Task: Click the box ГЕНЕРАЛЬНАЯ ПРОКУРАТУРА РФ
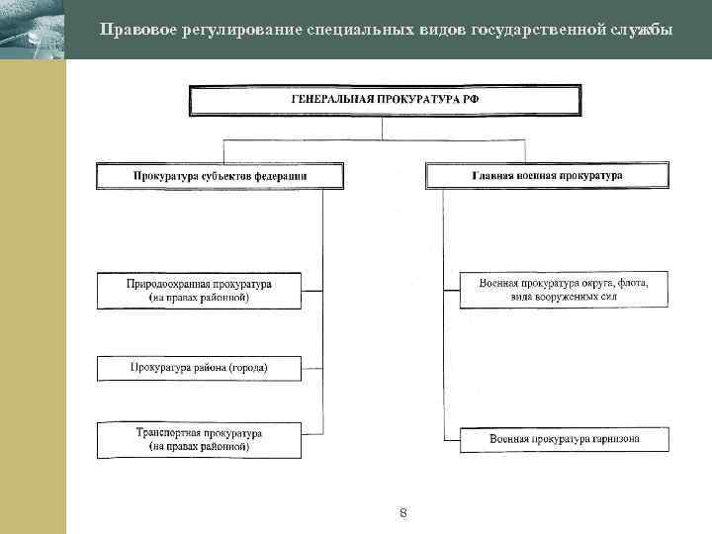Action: tap(386, 102)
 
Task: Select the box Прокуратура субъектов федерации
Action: tap(221, 176)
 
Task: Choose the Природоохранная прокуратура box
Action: tap(199, 290)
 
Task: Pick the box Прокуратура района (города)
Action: tap(199, 369)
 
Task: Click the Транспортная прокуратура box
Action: tap(199, 440)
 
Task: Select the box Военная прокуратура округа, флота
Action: tap(564, 289)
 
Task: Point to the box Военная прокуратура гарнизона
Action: tap(564, 438)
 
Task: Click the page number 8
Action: tap(403, 513)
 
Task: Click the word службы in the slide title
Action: tap(640, 29)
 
